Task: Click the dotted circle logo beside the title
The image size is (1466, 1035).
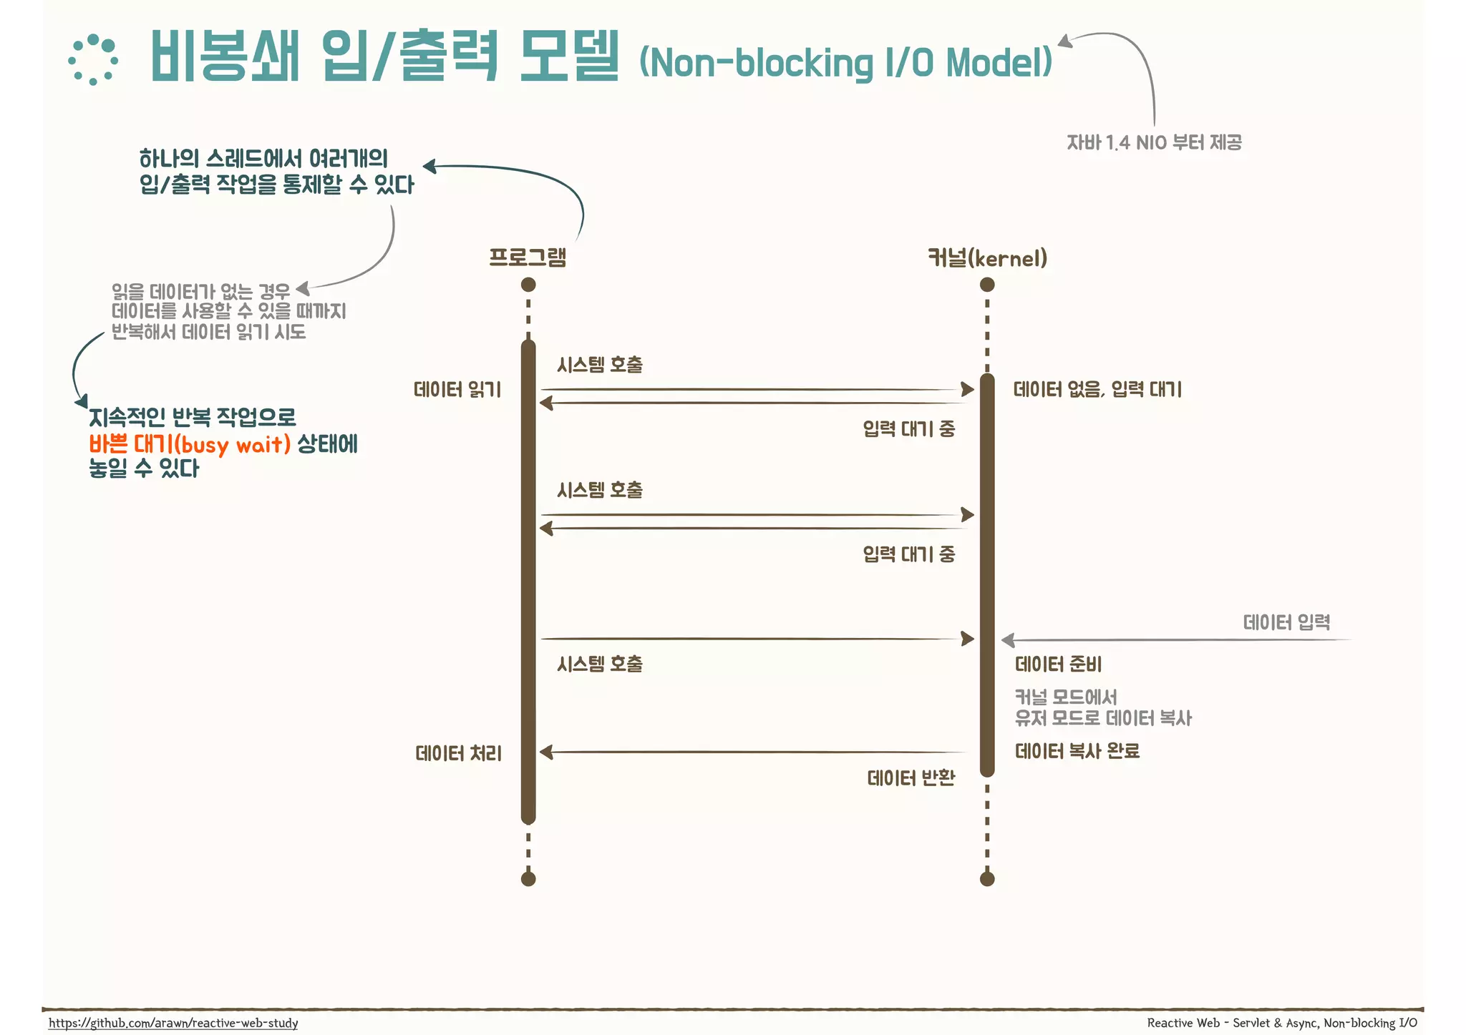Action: tap(93, 60)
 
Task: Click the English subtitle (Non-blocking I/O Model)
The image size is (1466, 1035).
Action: tap(845, 63)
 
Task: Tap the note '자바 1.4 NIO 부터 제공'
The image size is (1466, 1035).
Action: tap(1154, 142)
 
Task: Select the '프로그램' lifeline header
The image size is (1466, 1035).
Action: tap(528, 257)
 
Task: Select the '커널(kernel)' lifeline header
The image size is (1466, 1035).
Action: tap(987, 258)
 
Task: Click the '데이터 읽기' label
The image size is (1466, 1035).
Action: tap(457, 390)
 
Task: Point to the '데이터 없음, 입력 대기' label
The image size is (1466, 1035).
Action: tap(1097, 390)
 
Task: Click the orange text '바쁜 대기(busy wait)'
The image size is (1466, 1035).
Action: tap(190, 444)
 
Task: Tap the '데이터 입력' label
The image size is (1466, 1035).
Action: tap(1286, 622)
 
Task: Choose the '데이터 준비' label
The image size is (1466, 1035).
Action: tap(1058, 664)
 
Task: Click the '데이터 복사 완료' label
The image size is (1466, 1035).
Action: tap(1077, 751)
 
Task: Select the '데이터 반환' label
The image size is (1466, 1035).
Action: tap(911, 778)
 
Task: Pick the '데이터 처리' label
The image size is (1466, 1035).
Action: tap(458, 753)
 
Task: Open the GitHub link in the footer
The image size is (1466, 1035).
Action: tap(173, 1023)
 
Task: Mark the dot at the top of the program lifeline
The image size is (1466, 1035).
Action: tap(528, 285)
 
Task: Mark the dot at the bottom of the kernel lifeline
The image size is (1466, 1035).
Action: tap(987, 879)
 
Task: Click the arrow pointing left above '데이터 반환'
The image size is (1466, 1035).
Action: tap(752, 752)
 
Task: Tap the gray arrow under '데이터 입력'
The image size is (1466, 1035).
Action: tap(1174, 640)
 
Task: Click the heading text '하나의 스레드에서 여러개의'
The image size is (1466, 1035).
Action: tap(263, 159)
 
